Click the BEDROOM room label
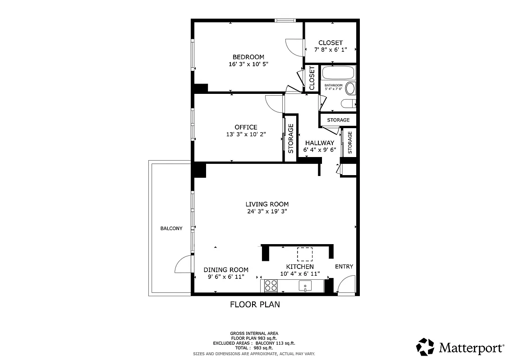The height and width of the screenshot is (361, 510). (248, 57)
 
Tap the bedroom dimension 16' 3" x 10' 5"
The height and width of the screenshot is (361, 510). (248, 64)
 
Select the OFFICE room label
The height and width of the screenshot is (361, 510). (246, 127)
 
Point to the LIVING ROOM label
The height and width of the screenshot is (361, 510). (267, 204)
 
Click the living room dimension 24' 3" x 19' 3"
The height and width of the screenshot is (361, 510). (267, 211)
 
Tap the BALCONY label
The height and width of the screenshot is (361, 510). (171, 228)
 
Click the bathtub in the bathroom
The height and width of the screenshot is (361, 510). (339, 73)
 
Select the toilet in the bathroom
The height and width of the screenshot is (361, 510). (349, 104)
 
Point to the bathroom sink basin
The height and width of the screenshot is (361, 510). (350, 88)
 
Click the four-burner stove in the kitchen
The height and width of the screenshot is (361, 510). (271, 286)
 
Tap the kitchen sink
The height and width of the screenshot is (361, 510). (306, 286)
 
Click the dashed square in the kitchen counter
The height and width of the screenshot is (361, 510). (305, 255)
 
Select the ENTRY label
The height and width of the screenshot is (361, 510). (344, 267)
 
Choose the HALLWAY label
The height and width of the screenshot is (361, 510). (319, 143)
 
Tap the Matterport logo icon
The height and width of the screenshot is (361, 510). (425, 347)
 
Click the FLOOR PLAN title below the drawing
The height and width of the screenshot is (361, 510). (255, 305)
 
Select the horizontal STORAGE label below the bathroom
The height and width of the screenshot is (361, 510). (338, 120)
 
